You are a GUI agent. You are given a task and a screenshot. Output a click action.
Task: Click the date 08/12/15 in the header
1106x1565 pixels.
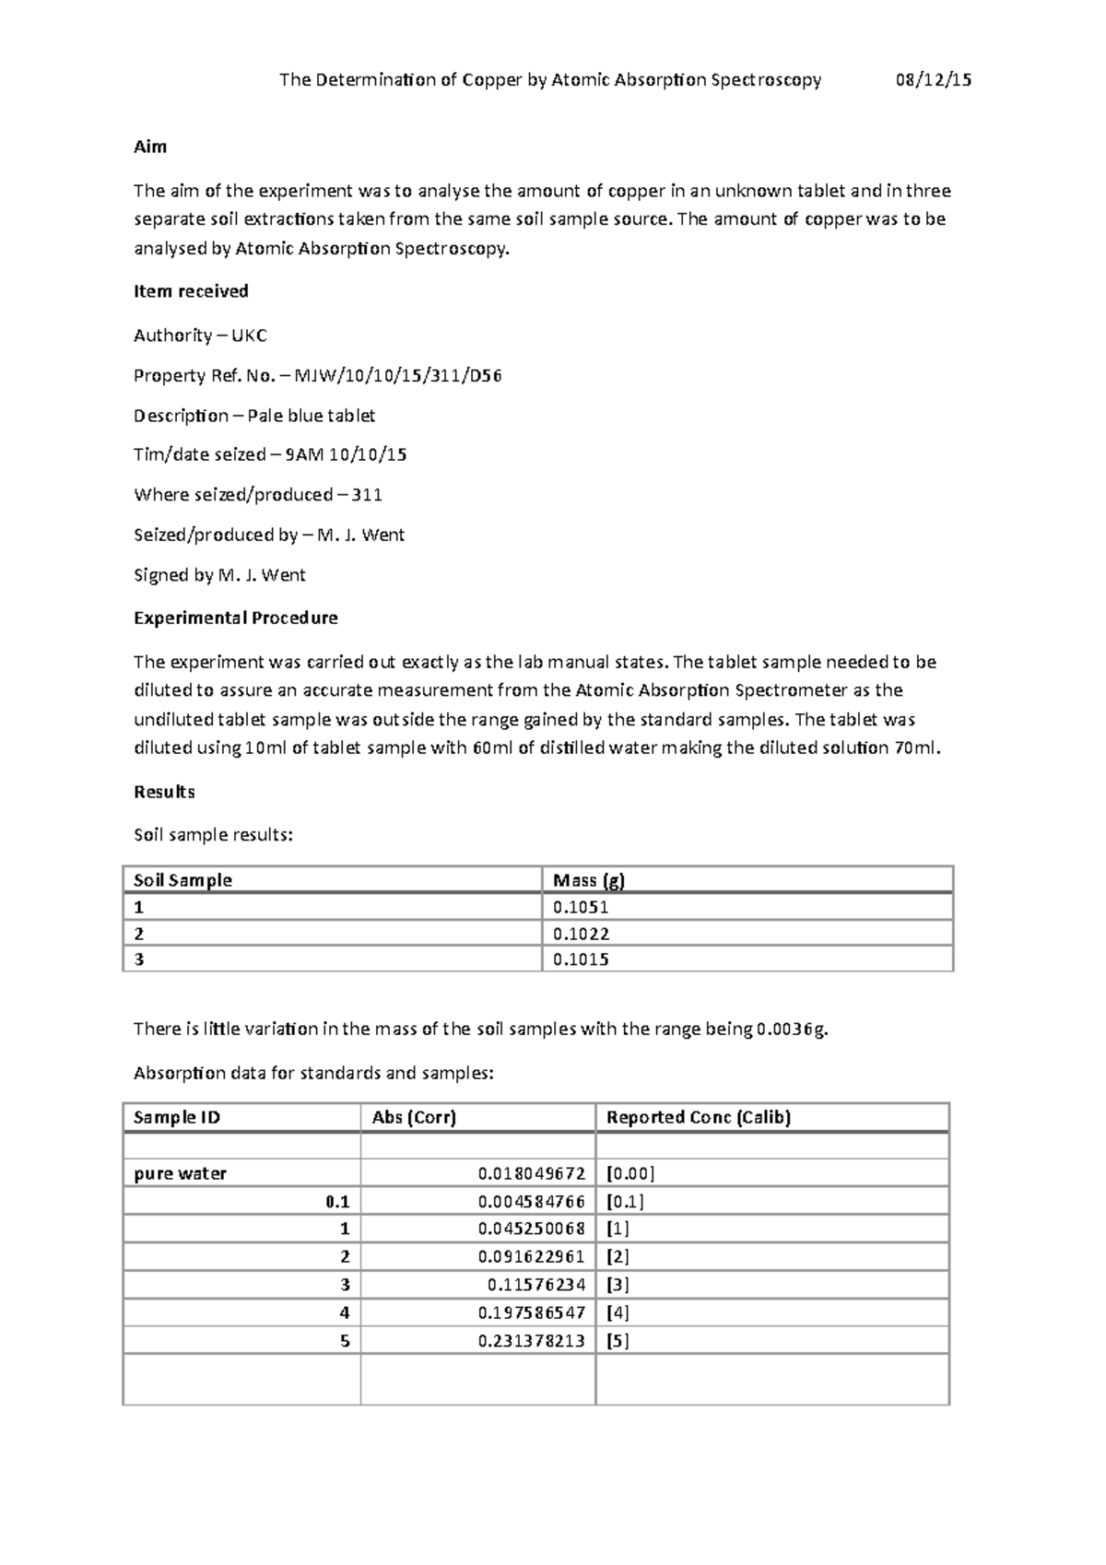(x=933, y=80)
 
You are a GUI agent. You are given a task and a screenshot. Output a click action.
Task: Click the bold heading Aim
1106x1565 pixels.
(x=150, y=147)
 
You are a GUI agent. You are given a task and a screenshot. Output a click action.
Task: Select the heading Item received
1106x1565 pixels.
(x=191, y=291)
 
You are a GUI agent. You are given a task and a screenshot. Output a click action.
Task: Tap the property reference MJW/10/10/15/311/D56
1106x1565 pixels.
(x=397, y=376)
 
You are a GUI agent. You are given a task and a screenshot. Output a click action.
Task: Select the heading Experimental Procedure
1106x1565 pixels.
(x=235, y=618)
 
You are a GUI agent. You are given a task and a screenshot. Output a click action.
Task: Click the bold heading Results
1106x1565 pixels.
(x=164, y=792)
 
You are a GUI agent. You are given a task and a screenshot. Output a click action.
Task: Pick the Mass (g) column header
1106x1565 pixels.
(x=588, y=880)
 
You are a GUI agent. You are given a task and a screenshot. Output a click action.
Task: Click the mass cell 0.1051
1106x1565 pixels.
(x=581, y=907)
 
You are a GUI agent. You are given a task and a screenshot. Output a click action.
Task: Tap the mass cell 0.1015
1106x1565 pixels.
(x=581, y=959)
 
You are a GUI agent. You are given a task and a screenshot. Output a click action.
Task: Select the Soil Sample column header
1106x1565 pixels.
(x=182, y=880)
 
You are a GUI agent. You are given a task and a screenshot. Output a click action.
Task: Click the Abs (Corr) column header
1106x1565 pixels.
(x=414, y=1118)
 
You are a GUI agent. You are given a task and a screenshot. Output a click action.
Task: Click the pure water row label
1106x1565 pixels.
(x=180, y=1174)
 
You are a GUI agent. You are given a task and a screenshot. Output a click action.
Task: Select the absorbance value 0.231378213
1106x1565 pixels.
(x=531, y=1341)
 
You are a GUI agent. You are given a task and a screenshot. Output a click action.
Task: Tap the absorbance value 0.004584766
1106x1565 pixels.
(x=531, y=1202)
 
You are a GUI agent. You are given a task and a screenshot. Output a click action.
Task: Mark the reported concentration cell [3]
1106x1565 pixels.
(x=618, y=1285)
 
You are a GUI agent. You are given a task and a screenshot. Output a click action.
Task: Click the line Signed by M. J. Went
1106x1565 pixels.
(x=219, y=575)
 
